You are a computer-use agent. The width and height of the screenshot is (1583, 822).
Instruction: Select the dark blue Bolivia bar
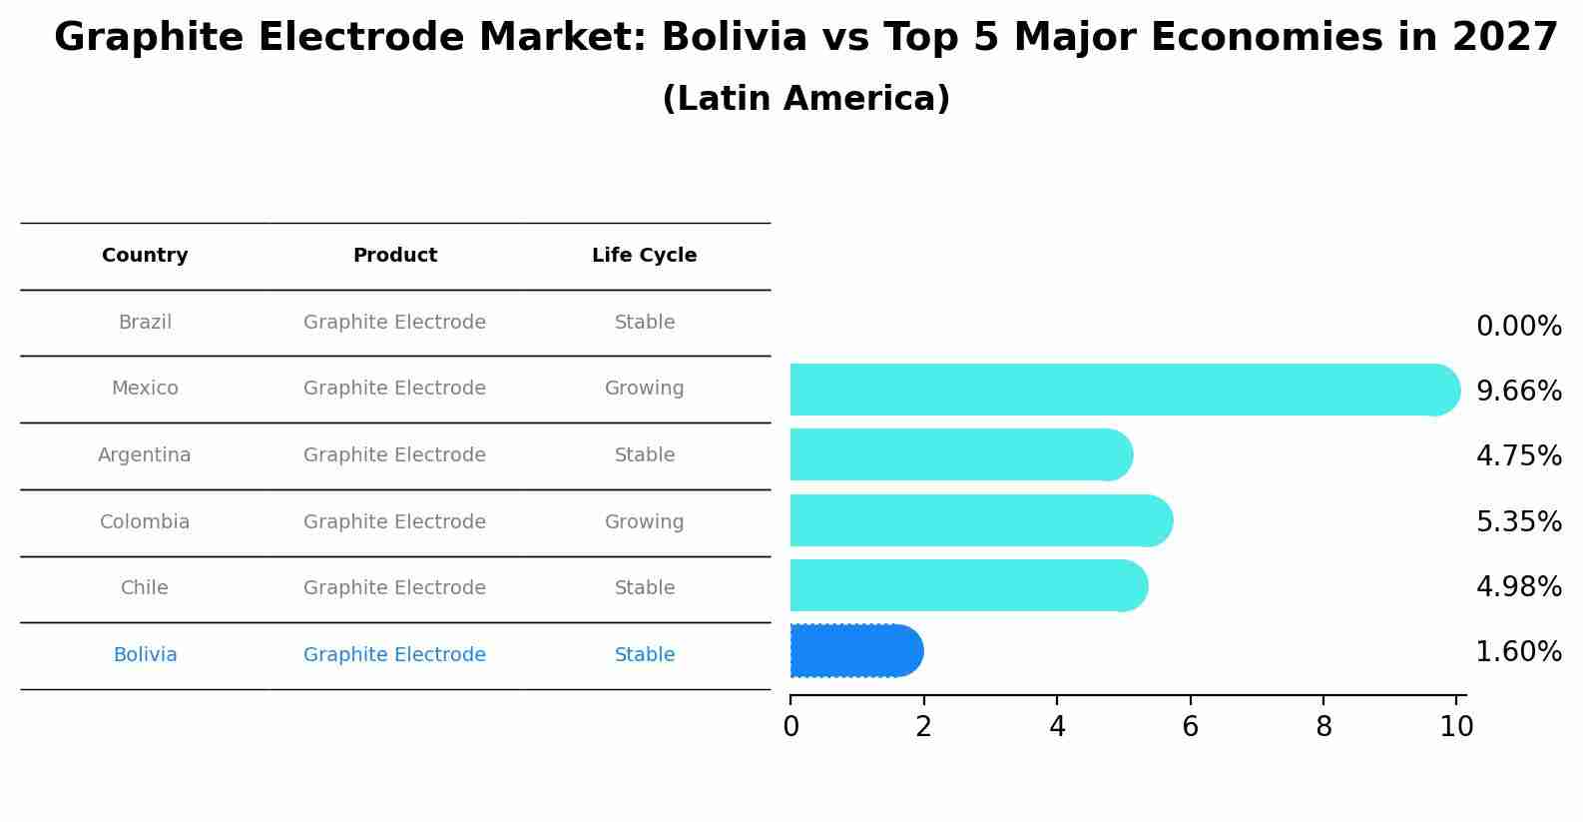pyautogui.click(x=853, y=651)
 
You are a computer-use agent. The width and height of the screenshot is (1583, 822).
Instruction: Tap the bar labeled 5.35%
pyautogui.click(x=978, y=520)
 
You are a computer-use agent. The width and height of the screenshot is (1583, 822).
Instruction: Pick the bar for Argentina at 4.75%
pyautogui.click(x=958, y=454)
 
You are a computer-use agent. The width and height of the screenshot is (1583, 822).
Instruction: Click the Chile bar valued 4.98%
pyautogui.click(x=966, y=585)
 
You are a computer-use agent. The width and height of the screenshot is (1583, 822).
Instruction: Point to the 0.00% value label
pyautogui.click(x=1518, y=327)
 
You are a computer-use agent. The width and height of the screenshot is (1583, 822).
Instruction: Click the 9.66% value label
pyautogui.click(x=1518, y=392)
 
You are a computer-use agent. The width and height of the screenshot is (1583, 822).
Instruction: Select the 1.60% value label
pyautogui.click(x=1518, y=652)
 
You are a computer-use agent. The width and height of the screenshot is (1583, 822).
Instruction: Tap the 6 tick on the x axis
pyautogui.click(x=1190, y=727)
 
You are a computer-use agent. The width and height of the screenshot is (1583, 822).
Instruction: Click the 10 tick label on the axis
pyautogui.click(x=1456, y=727)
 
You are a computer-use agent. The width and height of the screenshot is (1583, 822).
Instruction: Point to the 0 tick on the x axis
pyautogui.click(x=791, y=727)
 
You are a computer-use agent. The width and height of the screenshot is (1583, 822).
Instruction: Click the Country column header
pyautogui.click(x=145, y=256)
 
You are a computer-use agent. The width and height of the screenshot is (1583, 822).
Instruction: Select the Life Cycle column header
pyautogui.click(x=644, y=256)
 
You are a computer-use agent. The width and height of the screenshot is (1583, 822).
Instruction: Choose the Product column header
pyautogui.click(x=394, y=256)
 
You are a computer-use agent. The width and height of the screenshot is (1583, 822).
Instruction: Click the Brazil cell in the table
pyautogui.click(x=145, y=323)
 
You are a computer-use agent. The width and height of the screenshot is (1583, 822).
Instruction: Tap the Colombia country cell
pyautogui.click(x=145, y=522)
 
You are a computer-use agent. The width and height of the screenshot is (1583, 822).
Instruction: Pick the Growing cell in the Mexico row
pyautogui.click(x=644, y=389)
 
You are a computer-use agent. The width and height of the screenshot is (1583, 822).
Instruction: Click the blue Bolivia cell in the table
pyautogui.click(x=145, y=655)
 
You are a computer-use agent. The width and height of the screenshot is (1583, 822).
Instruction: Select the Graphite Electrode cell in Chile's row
pyautogui.click(x=394, y=588)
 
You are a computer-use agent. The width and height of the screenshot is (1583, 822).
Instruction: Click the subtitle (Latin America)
pyautogui.click(x=805, y=99)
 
